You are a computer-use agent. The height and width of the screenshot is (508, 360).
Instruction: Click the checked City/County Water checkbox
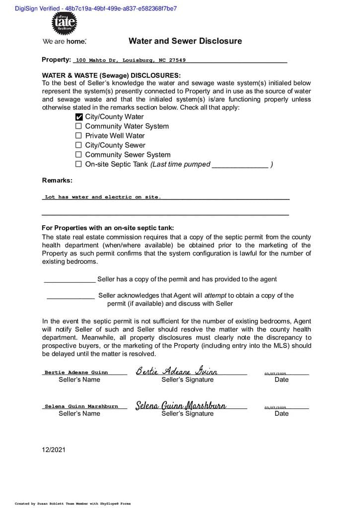(x=78, y=117)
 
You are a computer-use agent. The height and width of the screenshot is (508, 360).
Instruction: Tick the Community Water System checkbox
(x=78, y=127)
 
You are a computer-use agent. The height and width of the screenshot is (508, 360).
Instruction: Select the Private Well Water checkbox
(x=78, y=136)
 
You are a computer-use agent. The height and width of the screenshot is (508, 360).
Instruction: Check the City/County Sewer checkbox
(x=78, y=145)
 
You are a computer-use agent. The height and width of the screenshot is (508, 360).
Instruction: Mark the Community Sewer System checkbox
(x=78, y=155)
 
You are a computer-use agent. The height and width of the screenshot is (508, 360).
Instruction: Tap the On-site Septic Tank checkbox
(x=78, y=164)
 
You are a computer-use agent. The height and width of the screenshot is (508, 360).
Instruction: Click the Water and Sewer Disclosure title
(x=185, y=41)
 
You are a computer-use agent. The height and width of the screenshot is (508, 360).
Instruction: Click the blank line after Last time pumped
(x=240, y=165)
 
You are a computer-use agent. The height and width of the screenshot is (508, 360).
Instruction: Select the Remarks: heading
(x=57, y=180)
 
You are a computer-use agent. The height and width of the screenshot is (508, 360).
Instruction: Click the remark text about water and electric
(x=103, y=197)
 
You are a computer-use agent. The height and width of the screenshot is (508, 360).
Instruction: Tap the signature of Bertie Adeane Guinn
(x=177, y=371)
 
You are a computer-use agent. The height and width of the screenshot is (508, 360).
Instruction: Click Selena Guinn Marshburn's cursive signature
(x=181, y=405)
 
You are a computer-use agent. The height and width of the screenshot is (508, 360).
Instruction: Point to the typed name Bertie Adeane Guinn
(x=76, y=372)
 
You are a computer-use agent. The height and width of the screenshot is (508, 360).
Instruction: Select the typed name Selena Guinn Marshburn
(x=81, y=406)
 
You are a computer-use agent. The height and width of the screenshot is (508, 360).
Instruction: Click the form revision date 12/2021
(x=54, y=450)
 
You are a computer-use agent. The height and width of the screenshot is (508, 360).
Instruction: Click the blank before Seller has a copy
(x=70, y=280)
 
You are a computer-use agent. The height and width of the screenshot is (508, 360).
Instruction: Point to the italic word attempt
(x=216, y=295)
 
